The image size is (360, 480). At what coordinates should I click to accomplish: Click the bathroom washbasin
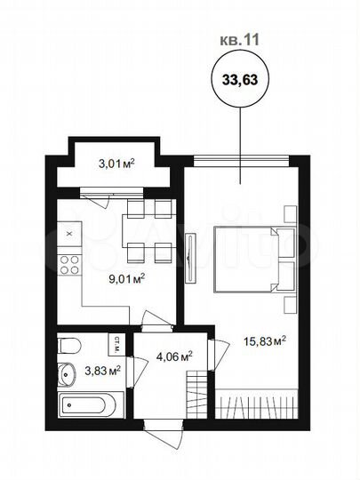66,373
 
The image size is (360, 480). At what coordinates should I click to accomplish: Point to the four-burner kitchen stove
69,263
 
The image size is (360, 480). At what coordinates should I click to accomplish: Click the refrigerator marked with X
69,233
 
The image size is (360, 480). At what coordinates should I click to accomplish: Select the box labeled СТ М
115,342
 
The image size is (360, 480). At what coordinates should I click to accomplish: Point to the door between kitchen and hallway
156,320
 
